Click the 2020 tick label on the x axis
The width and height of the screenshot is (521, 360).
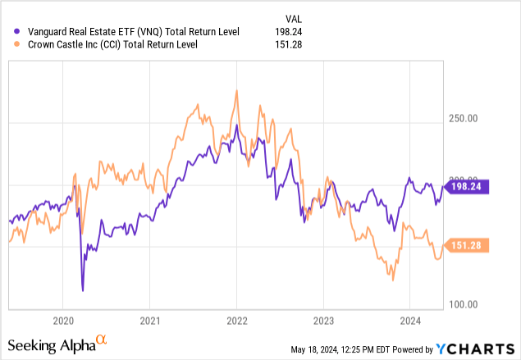(x=63, y=320)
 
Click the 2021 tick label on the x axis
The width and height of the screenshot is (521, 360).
(x=149, y=320)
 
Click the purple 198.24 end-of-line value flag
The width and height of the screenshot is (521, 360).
(x=466, y=186)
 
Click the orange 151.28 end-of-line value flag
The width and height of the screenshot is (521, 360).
(x=466, y=244)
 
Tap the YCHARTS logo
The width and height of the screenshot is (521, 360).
(x=480, y=349)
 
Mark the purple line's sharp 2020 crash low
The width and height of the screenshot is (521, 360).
(x=82, y=289)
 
